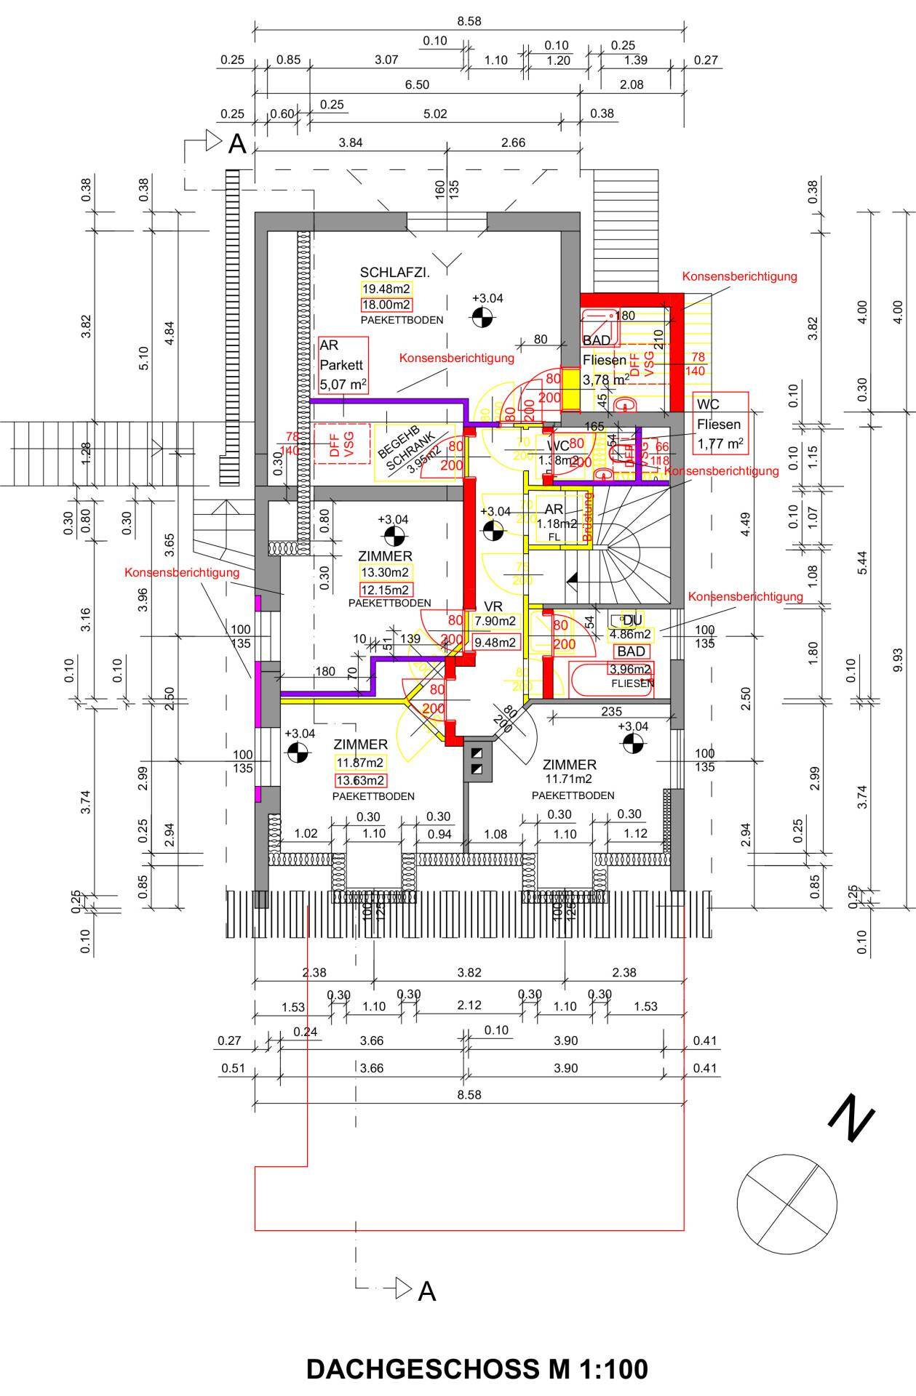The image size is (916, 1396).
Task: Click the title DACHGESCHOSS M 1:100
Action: [x=477, y=1369]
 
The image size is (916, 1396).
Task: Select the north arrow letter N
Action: [x=851, y=1119]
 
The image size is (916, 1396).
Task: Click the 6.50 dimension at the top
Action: [x=417, y=85]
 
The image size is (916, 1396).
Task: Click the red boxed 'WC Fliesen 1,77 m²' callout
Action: [x=720, y=423]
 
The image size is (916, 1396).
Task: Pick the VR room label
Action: [x=493, y=607]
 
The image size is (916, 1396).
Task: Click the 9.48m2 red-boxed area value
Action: [x=495, y=642]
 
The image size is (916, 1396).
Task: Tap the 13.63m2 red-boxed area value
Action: [x=360, y=781]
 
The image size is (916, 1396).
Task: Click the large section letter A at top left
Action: [x=237, y=144]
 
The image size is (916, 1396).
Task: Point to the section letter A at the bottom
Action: [x=427, y=1291]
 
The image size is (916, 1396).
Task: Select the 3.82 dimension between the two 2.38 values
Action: [x=469, y=972]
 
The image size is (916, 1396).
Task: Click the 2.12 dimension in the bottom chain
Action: [x=469, y=1006]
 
